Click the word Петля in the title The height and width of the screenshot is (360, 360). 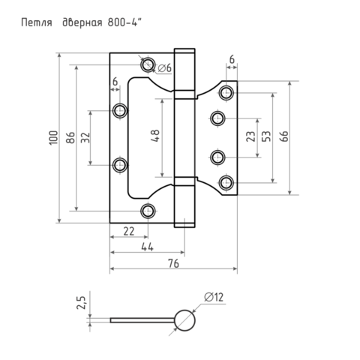pos(37,22)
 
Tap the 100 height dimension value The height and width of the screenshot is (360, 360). pos(53,137)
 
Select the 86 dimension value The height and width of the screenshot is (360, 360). pos(70,137)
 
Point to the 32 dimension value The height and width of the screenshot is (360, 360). pos(85,137)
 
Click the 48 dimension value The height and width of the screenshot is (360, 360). pos(155,136)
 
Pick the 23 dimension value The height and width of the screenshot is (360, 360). pos(250,136)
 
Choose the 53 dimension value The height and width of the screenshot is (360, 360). pos(266,136)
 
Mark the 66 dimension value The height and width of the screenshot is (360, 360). pos(284,136)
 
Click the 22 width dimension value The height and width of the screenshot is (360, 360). pos(129,232)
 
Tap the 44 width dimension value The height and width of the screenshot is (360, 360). pos(148,247)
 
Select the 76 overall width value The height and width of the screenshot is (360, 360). pos(173,263)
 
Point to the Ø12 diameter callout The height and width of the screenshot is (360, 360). pos(214,297)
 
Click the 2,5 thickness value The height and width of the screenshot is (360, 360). pos(81,303)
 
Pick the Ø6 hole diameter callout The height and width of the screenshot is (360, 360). pos(165,67)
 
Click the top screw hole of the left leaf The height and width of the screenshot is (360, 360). pos(148,64)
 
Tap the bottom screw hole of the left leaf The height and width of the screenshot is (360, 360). pos(148,211)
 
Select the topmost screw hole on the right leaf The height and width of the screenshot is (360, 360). pos(226,93)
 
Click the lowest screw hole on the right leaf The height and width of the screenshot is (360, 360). pos(226,182)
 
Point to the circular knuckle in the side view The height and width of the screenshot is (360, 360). pos(184,320)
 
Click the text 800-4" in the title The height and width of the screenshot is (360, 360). pos(125,22)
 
